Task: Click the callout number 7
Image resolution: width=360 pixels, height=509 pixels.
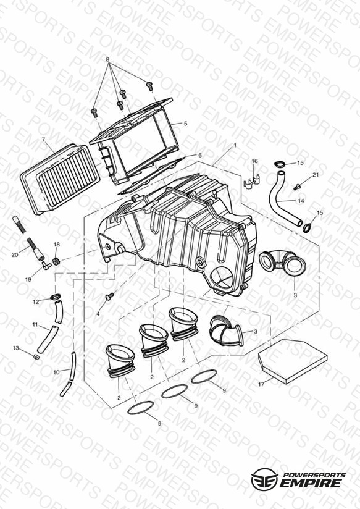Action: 43,140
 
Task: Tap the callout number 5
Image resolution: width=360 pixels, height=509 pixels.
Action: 185,124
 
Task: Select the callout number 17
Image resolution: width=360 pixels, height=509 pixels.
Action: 261,384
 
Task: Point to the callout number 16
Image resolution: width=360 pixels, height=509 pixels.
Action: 255,161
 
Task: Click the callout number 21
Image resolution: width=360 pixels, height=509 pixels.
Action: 316,175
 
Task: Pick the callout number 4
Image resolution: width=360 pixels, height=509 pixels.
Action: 98,314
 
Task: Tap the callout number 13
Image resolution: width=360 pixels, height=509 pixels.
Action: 16,348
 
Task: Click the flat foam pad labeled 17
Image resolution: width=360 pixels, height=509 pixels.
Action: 292,361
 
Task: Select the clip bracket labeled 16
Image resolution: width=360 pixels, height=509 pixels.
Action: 252,182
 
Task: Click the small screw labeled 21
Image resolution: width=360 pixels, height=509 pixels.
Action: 297,187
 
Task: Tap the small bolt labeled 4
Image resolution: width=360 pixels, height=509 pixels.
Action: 110,296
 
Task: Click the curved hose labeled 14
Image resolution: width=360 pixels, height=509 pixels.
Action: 282,200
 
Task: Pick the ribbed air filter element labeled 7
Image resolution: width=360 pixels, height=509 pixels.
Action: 61,180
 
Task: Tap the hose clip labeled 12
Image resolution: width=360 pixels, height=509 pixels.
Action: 56,297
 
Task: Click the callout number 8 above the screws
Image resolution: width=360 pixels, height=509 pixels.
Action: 108,60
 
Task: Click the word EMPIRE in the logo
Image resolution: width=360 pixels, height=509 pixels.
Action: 311,483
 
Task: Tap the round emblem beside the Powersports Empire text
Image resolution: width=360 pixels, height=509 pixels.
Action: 264,479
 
